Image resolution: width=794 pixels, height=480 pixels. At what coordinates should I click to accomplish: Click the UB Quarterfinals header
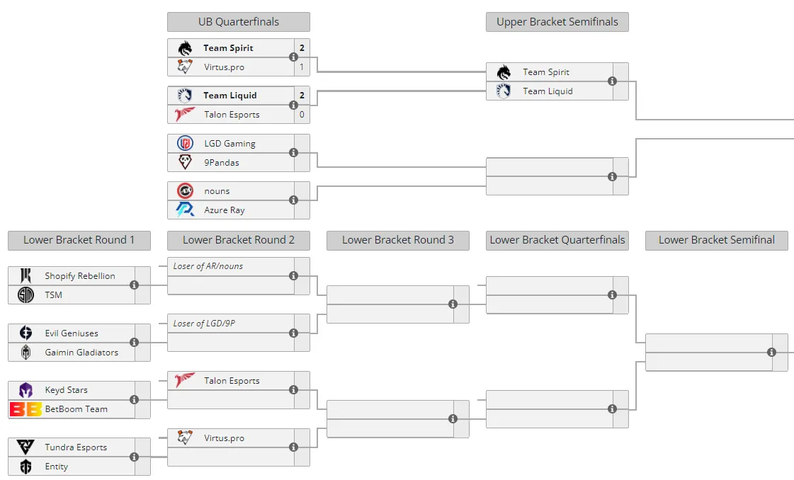(239, 22)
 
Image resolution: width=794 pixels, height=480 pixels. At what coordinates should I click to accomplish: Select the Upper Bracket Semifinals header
(557, 22)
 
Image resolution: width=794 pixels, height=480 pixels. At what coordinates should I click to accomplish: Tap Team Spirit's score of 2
(302, 47)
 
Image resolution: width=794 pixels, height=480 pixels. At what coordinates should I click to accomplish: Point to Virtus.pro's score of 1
(302, 67)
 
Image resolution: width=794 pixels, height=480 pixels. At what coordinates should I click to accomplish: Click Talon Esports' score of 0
(302, 115)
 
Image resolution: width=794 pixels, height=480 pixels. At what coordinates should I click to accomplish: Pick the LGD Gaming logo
(186, 143)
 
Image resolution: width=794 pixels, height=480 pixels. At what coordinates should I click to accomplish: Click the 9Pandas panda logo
(186, 162)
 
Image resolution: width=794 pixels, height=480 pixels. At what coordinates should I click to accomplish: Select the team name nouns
(217, 191)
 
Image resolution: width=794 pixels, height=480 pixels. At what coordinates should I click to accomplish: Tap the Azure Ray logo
(185, 209)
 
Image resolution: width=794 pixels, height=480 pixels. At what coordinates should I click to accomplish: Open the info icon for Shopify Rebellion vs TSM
(134, 285)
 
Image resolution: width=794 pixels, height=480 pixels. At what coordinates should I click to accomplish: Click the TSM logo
(25, 295)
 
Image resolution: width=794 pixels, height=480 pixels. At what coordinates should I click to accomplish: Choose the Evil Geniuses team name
(72, 333)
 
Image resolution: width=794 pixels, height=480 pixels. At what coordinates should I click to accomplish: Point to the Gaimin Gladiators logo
(25, 352)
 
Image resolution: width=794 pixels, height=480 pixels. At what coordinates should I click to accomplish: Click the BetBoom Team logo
(25, 409)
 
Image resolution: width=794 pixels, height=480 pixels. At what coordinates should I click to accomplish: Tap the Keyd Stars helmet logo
(25, 390)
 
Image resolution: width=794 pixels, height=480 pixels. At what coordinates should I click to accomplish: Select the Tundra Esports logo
(25, 447)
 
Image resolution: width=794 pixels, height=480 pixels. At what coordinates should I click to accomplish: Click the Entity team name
(56, 467)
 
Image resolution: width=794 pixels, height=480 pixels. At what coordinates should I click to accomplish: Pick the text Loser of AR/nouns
(208, 265)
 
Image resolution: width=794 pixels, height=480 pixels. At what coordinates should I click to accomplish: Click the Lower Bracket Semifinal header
(717, 240)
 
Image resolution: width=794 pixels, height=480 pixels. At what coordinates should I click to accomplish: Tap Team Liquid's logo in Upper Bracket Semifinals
(504, 91)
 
